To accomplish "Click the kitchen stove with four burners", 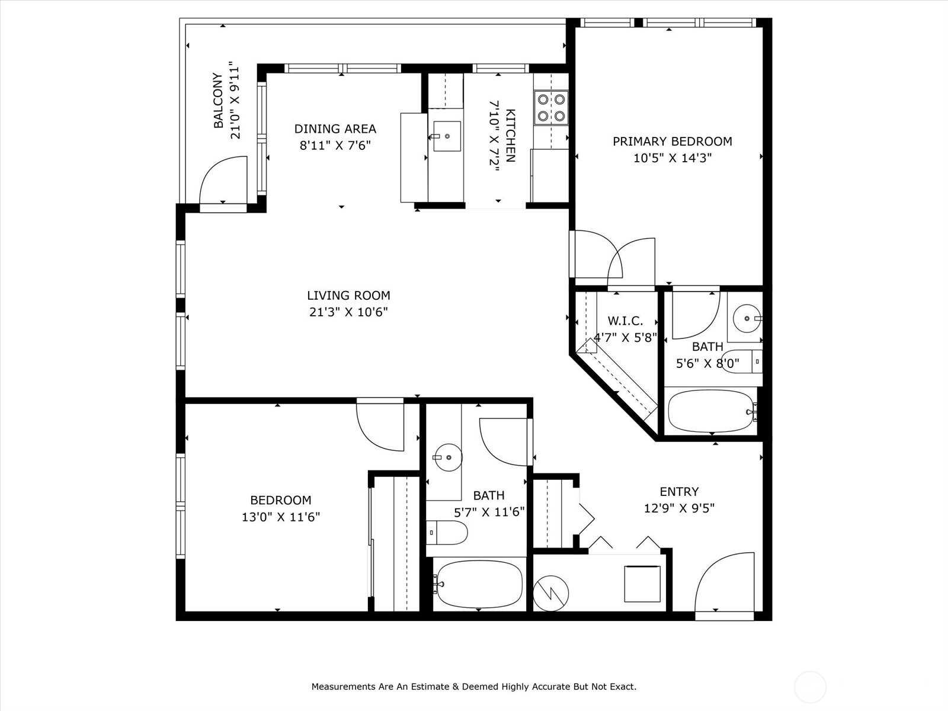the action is (551, 107).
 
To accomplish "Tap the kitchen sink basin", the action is (447, 136).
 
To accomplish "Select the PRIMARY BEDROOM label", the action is (672, 142).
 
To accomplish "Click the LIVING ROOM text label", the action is (348, 296).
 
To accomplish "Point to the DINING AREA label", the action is (335, 129).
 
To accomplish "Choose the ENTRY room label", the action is (679, 492).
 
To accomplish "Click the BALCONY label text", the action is (219, 101).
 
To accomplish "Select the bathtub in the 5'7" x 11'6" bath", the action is (479, 584).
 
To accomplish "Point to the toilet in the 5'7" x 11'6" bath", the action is (447, 533).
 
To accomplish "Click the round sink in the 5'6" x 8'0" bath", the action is (747, 319).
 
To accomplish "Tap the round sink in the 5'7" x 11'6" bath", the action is (448, 457).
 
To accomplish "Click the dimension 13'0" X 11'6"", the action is (281, 517).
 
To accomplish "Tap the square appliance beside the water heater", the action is (642, 584).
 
